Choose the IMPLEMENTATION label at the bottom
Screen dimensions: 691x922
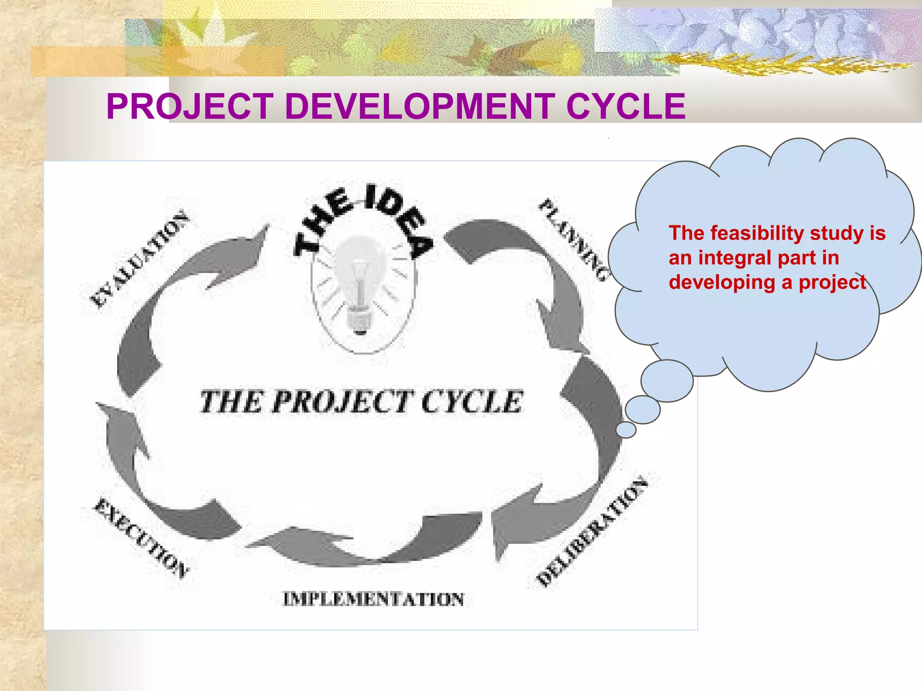coord(373,599)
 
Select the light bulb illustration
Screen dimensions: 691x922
coord(360,288)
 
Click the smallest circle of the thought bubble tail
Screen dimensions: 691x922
coord(626,430)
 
